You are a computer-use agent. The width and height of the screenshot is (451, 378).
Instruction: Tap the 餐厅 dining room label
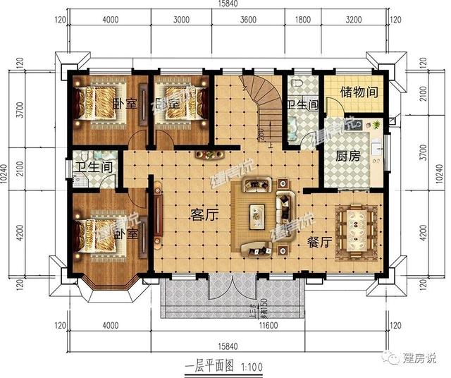click(x=320, y=242)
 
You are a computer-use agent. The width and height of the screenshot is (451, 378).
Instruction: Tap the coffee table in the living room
click(x=257, y=214)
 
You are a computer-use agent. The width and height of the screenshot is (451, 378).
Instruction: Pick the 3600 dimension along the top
click(x=248, y=19)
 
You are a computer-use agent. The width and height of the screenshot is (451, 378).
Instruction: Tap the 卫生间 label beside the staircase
click(x=301, y=106)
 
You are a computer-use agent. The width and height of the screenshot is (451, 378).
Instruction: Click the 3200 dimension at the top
click(x=353, y=19)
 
